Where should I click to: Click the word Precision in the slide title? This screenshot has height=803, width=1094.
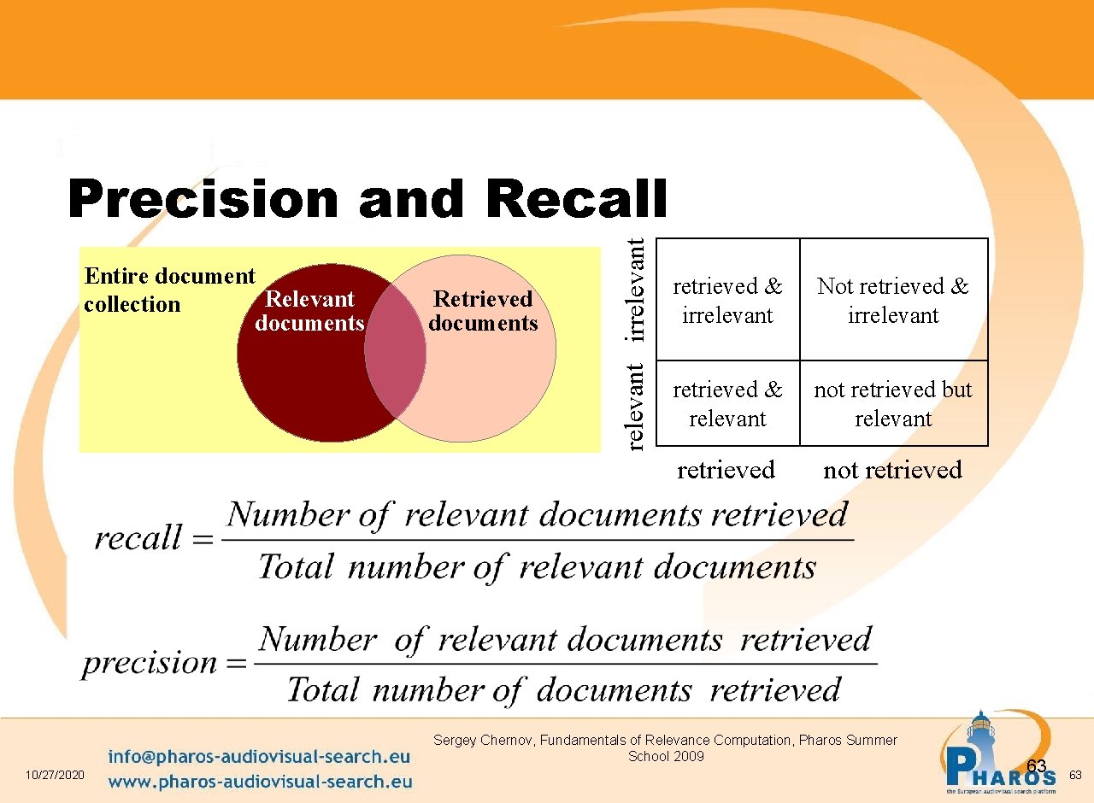[204, 200]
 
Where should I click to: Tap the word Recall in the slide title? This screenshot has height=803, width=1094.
[576, 198]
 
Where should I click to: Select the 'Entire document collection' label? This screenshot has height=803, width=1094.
[168, 290]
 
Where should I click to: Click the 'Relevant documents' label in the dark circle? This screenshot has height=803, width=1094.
[309, 311]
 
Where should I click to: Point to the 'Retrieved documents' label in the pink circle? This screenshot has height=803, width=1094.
[483, 311]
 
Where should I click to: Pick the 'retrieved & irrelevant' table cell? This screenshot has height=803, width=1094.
[727, 300]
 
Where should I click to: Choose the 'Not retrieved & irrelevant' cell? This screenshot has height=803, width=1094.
[893, 300]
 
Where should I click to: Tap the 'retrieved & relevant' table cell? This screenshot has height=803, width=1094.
[727, 403]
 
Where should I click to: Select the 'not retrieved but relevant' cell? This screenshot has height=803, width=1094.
[893, 403]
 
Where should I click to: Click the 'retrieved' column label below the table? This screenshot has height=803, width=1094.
[726, 470]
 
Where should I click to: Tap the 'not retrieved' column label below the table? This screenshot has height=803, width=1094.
[892, 470]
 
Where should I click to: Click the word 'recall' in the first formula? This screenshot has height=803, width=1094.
[138, 538]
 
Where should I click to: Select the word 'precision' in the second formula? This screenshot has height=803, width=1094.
[150, 663]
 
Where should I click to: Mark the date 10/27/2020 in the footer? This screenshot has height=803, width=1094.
[56, 774]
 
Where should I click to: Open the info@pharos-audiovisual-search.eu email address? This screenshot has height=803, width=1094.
[260, 757]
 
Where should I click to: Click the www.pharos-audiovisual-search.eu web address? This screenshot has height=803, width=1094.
[260, 781]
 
